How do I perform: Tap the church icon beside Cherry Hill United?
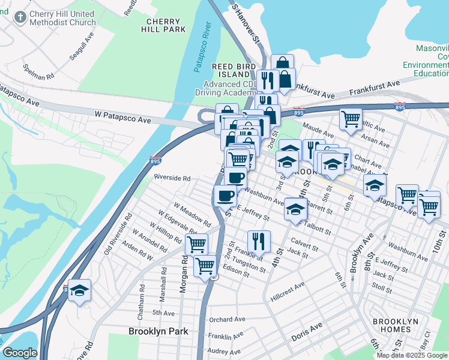pyautogui.click(x=20, y=18)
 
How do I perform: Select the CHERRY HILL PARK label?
pyautogui.click(x=163, y=25)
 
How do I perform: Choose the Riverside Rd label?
pyautogui.click(x=172, y=178)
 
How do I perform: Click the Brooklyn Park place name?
pyautogui.click(x=158, y=331)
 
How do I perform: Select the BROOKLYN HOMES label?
pyautogui.click(x=395, y=326)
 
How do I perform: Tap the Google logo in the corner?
pyautogui.click(x=20, y=353)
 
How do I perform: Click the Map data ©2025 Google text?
pyautogui.click(x=412, y=355)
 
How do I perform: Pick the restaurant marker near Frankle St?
pyautogui.click(x=259, y=242)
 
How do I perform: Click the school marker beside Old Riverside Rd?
pyautogui.click(x=79, y=291)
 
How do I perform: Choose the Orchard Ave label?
pyautogui.click(x=228, y=319)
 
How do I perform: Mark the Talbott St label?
pyautogui.click(x=318, y=229)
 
